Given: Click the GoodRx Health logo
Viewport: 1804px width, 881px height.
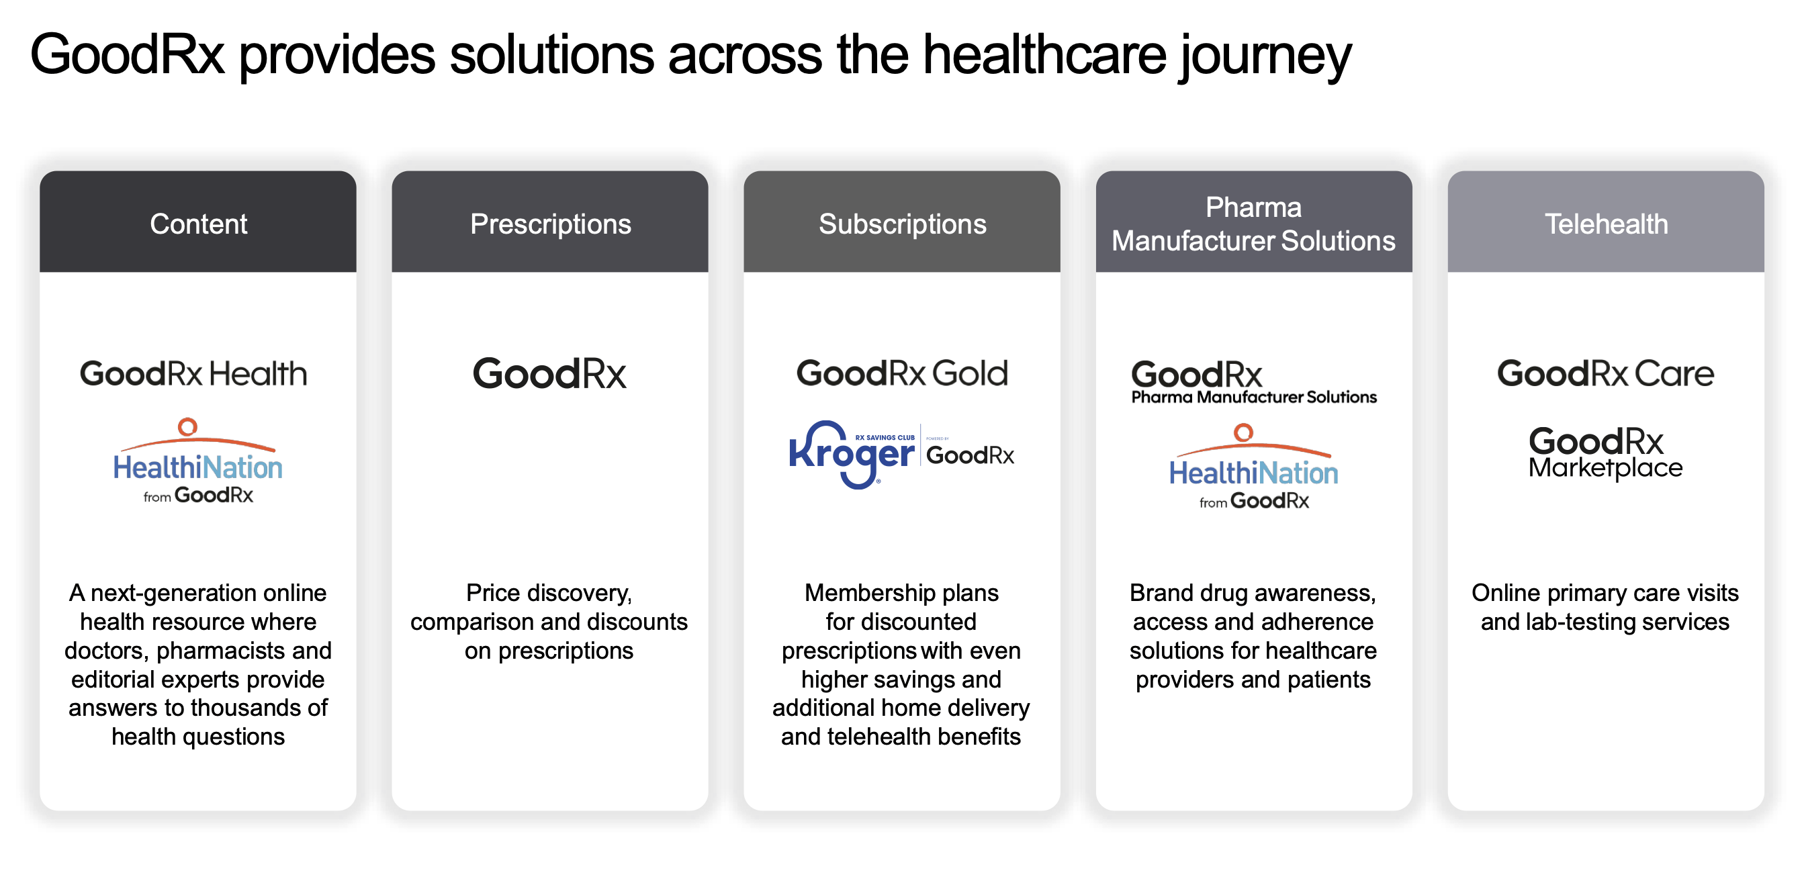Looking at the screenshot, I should tap(193, 373).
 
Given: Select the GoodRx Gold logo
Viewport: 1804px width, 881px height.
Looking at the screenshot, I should tap(902, 373).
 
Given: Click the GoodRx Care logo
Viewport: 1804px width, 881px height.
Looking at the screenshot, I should tap(1605, 373).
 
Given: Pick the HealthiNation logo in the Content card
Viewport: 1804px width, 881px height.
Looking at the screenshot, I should tap(198, 462).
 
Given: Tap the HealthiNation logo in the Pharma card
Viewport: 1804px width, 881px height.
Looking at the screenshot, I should tap(1253, 468).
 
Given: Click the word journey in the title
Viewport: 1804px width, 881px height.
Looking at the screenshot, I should tap(1266, 56).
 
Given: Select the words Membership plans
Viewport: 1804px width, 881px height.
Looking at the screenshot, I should tap(901, 593).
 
